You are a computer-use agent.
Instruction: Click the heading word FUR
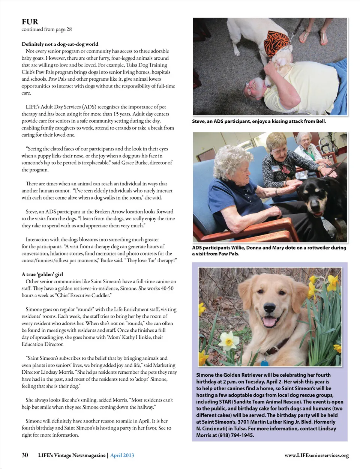(30, 22)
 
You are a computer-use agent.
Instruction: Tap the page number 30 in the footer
(25, 455)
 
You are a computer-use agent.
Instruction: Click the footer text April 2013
(122, 455)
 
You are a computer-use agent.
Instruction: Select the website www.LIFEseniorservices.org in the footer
(316, 455)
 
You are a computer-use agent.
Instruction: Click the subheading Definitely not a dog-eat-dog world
(60, 44)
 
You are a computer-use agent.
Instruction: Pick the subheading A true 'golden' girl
(42, 274)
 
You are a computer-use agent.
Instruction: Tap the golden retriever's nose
(271, 307)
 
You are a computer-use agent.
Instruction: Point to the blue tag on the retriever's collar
(264, 363)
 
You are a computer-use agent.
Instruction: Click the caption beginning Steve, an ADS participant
(259, 121)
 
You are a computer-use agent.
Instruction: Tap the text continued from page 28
(46, 29)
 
